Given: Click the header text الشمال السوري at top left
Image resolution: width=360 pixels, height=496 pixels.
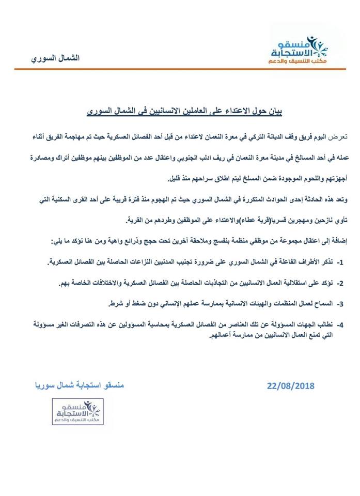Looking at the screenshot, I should pyautogui.click(x=55, y=58).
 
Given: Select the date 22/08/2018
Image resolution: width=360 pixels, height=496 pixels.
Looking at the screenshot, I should pyautogui.click(x=291, y=386).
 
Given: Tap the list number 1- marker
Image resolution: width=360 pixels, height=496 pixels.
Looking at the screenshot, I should pyautogui.click(x=340, y=263).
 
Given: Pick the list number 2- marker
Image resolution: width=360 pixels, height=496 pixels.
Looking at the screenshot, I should pyautogui.click(x=340, y=284).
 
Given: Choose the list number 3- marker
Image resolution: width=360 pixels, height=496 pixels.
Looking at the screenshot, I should pyautogui.click(x=340, y=303).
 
